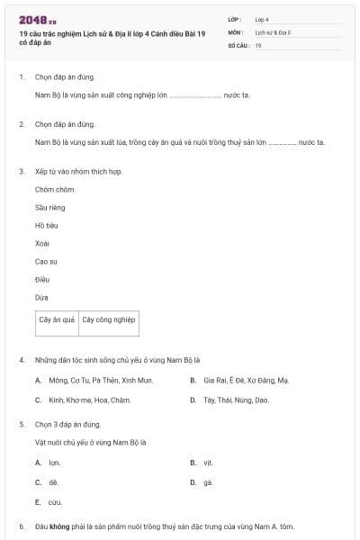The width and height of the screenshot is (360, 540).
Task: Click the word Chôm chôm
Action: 54,189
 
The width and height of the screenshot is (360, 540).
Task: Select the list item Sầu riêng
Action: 50,207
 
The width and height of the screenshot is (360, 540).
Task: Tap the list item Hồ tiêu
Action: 47,225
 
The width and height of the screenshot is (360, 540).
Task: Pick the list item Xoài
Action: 42,243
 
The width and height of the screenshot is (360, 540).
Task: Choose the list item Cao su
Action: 46,261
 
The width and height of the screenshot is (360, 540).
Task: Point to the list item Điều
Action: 42,279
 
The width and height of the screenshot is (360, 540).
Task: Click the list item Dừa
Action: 41,297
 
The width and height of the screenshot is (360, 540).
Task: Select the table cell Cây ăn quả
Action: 57,319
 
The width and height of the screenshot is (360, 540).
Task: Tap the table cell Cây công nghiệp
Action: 108,319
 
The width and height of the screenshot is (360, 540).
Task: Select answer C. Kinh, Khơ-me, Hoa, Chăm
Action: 89,400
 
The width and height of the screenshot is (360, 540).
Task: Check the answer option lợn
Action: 54,463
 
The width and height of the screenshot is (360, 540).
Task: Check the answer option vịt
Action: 207,463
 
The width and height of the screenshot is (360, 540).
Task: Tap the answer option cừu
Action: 55,502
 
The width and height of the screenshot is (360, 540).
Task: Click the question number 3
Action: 22,171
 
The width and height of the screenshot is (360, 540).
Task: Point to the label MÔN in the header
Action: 236,31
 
